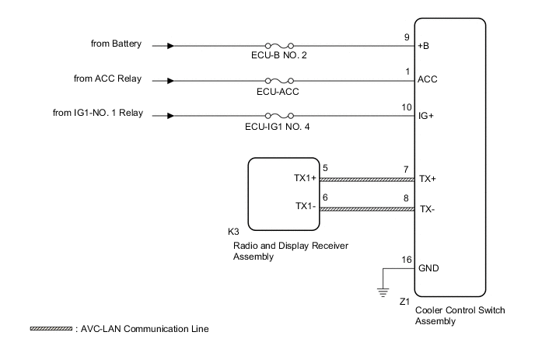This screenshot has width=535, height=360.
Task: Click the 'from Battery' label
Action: coord(116,44)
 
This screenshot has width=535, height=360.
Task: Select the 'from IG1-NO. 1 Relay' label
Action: coord(97,114)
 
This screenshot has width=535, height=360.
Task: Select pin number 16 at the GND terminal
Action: coord(405,260)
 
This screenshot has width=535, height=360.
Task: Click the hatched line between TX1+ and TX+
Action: coord(365,177)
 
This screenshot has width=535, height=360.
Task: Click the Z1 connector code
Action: coord(404,299)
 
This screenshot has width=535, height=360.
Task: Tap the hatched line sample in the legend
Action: coord(51,328)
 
